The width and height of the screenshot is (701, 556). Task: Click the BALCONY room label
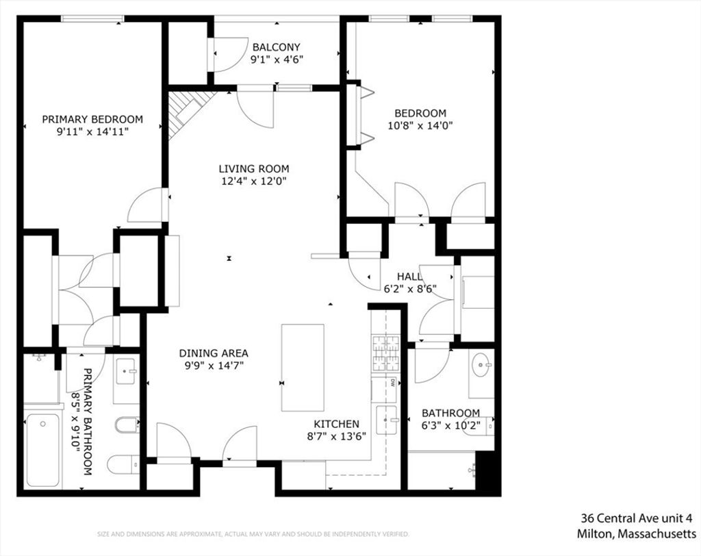[x=276, y=47]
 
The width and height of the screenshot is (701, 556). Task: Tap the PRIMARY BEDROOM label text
[x=92, y=119]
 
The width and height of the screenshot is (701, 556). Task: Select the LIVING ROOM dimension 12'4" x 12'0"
[x=253, y=181]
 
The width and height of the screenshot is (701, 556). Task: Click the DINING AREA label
[x=214, y=353]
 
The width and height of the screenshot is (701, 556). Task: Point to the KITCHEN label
[x=336, y=424]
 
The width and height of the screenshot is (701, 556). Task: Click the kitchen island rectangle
[x=303, y=368]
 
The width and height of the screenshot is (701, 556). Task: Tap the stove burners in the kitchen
[x=385, y=353]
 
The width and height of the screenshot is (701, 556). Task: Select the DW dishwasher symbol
[x=392, y=383]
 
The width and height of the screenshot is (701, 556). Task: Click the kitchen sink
[x=386, y=420]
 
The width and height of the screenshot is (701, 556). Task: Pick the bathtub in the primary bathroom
[x=42, y=450]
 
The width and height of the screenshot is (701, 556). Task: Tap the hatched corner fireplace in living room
[x=187, y=110]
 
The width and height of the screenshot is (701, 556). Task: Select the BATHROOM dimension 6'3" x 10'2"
[x=450, y=425]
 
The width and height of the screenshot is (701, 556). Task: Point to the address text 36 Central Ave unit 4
[x=637, y=518]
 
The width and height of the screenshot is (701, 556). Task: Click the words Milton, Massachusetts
[x=637, y=533]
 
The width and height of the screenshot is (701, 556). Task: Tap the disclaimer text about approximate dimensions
[x=253, y=534]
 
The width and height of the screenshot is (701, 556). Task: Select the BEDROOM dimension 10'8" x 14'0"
[x=420, y=126]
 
